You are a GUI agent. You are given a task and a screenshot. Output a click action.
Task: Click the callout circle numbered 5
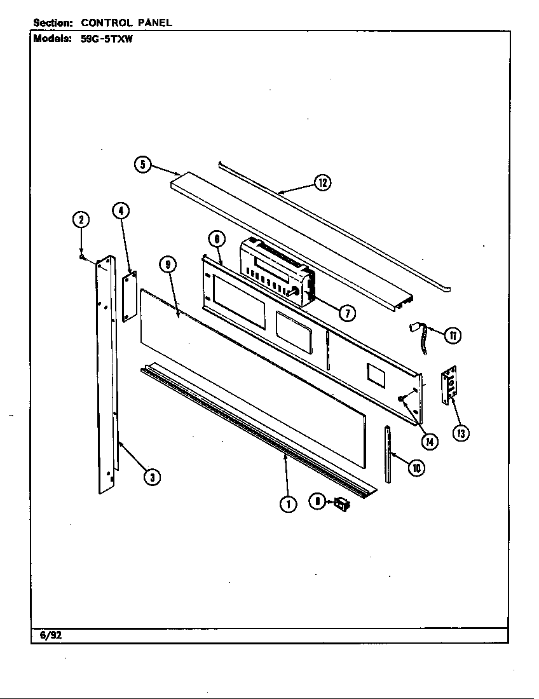tap(143, 165)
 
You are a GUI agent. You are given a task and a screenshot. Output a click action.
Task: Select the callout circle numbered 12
tap(323, 183)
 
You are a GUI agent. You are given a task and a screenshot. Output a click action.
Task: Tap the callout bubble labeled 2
tap(81, 220)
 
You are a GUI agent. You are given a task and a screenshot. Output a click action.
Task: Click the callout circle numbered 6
tap(217, 239)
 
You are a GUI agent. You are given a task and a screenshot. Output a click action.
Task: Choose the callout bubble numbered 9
tap(168, 265)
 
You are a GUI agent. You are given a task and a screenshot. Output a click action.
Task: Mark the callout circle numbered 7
tap(347, 313)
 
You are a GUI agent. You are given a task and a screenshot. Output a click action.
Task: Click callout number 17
tap(452, 336)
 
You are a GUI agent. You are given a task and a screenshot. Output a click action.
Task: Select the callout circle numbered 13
tap(461, 433)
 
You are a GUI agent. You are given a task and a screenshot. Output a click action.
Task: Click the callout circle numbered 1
tap(288, 504)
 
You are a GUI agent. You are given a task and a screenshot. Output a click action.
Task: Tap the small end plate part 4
tap(130, 296)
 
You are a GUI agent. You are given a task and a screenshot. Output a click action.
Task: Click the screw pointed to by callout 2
tap(83, 257)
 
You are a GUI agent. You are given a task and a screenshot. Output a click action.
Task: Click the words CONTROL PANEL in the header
tap(126, 23)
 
